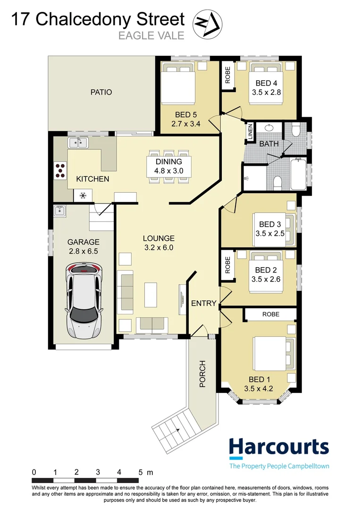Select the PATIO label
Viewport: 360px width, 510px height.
[x=101, y=92]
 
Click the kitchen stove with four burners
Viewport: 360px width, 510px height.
[x=60, y=170]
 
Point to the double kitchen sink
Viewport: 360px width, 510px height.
[x=78, y=143]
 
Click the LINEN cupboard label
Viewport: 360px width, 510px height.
[x=250, y=132]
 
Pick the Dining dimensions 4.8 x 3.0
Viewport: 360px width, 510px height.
[x=168, y=171]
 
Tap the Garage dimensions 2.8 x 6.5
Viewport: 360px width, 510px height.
[x=83, y=251]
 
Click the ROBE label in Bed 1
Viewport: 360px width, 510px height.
[x=271, y=314]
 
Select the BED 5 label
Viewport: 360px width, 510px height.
[x=186, y=114]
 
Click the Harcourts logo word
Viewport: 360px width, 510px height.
[x=279, y=448]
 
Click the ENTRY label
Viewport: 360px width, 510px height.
[x=204, y=303]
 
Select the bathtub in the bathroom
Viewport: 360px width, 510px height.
[x=299, y=174]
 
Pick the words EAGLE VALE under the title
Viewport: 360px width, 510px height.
[x=151, y=35]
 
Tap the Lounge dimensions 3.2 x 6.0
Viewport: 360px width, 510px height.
[x=159, y=247]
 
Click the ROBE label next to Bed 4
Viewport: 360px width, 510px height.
[x=227, y=75]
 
